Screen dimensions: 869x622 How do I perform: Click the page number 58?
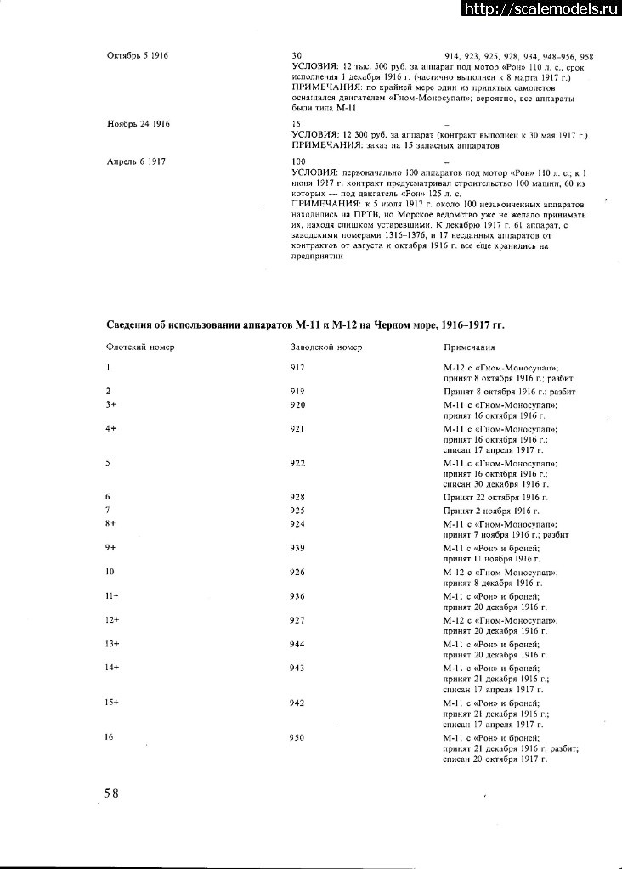click(111, 793)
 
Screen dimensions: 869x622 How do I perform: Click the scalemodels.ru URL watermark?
click(541, 8)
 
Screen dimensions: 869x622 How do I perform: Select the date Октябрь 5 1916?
click(138, 55)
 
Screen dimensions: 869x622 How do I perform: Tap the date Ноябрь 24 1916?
click(139, 124)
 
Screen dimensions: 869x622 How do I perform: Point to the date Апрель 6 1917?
click(136, 161)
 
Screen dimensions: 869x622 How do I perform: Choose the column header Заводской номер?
click(326, 347)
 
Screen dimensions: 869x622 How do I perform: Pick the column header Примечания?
click(470, 347)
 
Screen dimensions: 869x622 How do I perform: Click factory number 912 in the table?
click(297, 367)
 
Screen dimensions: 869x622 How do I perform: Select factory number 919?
click(297, 391)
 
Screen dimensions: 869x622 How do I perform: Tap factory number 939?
click(297, 549)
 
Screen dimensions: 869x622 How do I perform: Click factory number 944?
click(297, 644)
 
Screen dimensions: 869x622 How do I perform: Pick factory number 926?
click(297, 573)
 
